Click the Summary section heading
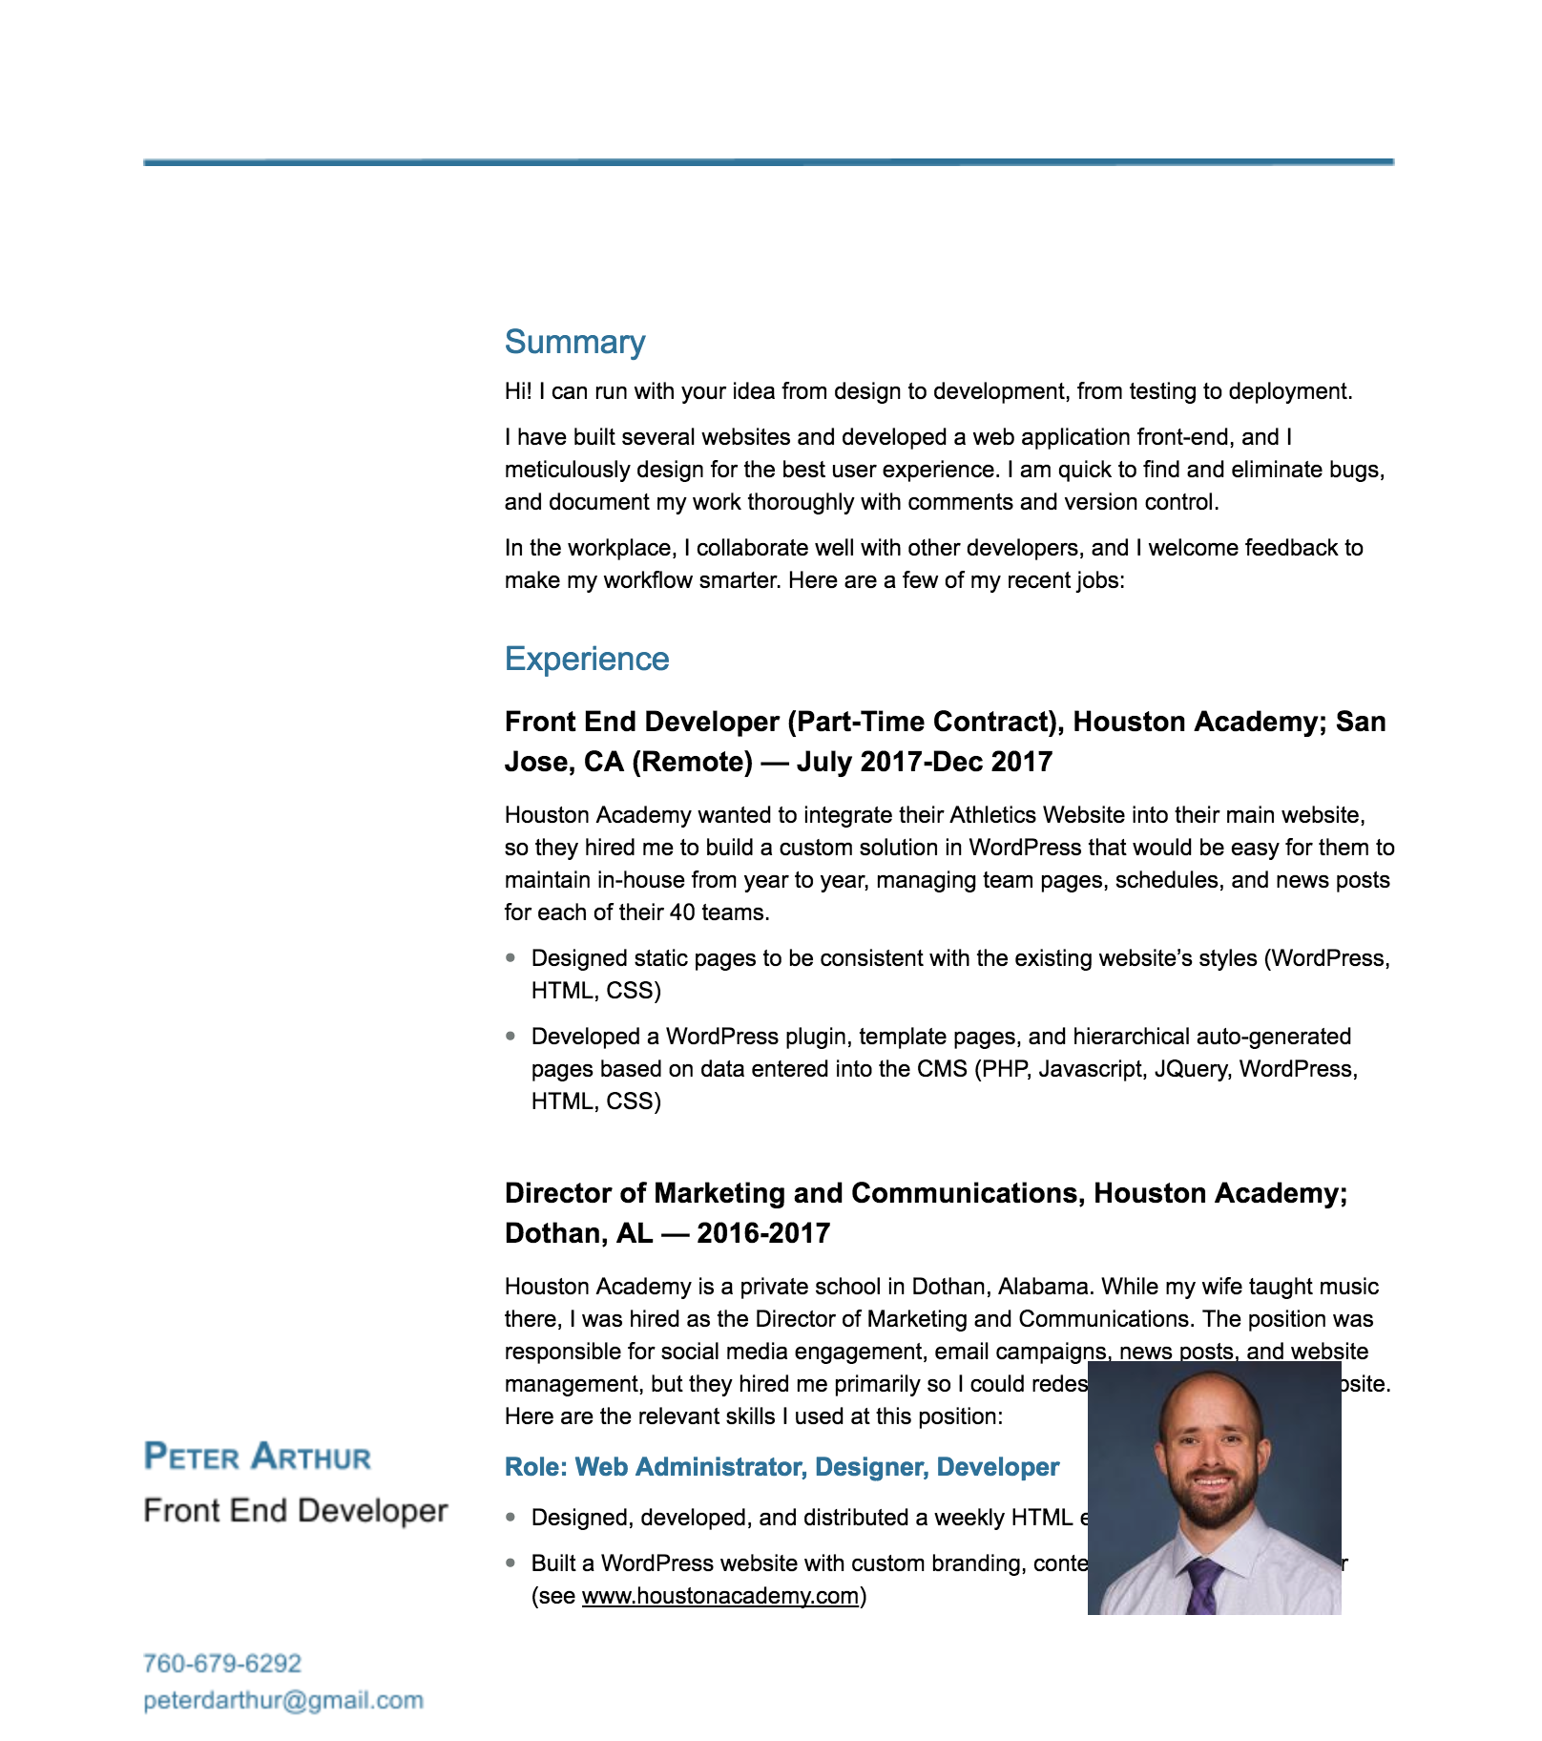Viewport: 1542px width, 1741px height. click(574, 342)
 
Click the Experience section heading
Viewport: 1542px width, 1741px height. click(587, 659)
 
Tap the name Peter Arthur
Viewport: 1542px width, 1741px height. click(258, 1457)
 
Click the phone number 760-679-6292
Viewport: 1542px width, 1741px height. click(222, 1664)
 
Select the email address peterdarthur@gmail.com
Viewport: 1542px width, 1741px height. click(283, 1700)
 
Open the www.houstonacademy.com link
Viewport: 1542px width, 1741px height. click(720, 1596)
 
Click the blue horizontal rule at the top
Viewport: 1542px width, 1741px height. click(769, 162)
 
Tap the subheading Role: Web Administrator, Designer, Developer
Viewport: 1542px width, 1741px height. click(781, 1467)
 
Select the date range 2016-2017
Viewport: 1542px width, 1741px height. click(763, 1233)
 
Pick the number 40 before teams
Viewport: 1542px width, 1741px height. click(682, 912)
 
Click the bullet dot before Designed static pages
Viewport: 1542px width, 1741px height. click(511, 957)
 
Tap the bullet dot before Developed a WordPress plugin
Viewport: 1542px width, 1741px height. click(511, 1036)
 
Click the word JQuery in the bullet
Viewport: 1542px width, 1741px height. click(1192, 1069)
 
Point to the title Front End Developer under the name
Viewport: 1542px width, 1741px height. click(296, 1511)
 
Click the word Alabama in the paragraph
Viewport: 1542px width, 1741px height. click(1043, 1287)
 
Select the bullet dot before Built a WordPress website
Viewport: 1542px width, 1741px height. click(511, 1563)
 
